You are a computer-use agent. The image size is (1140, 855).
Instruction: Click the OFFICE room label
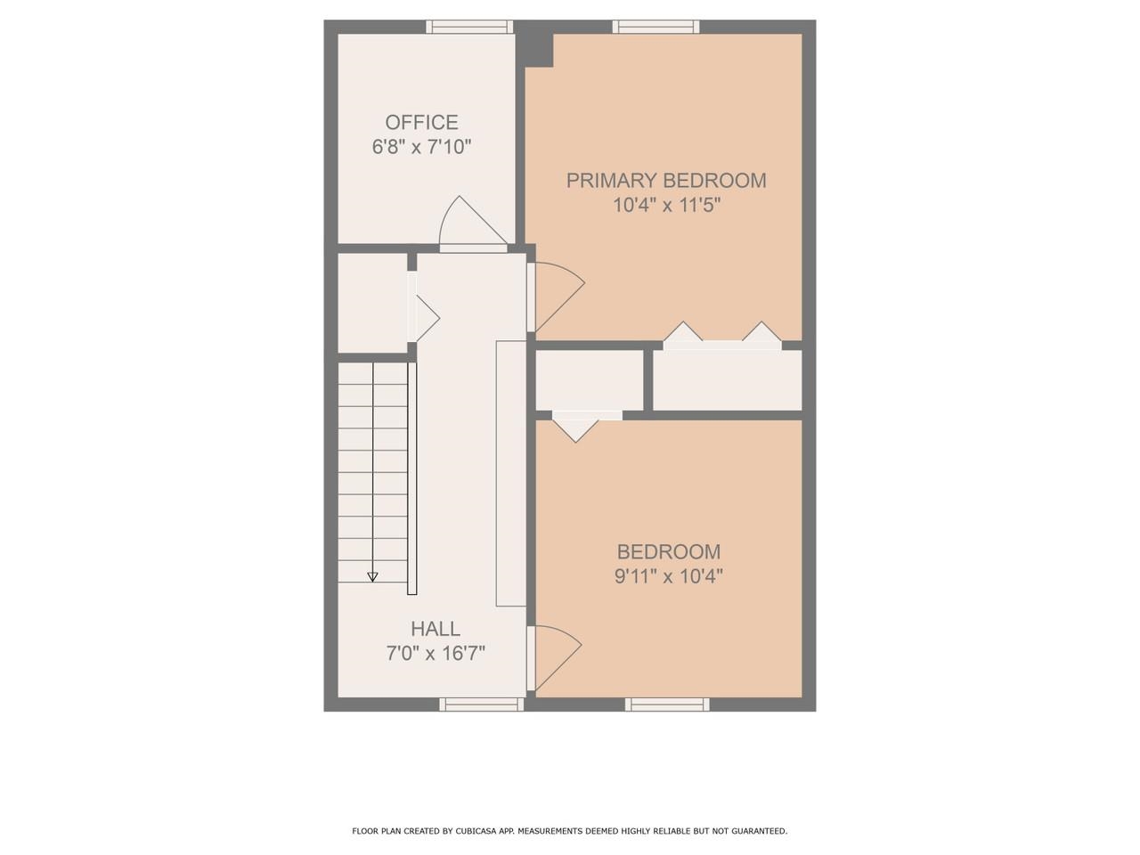(x=421, y=122)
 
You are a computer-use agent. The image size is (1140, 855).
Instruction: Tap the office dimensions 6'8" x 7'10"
(x=421, y=147)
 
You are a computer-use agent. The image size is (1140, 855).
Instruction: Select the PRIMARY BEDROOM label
(x=666, y=180)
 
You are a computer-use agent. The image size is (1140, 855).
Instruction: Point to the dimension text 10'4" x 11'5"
(x=666, y=205)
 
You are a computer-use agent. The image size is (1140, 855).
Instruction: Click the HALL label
(x=436, y=629)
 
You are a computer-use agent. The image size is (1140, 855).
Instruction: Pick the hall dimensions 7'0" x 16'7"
(x=436, y=654)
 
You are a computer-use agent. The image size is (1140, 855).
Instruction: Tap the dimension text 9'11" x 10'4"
(x=668, y=576)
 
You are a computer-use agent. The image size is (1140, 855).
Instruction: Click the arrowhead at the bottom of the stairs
(x=372, y=577)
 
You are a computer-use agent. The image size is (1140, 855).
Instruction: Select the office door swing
(x=470, y=222)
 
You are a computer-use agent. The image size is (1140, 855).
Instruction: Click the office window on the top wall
(x=468, y=27)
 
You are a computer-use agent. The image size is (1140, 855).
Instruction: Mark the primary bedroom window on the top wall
(x=655, y=27)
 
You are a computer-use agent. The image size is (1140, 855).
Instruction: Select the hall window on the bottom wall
(x=481, y=704)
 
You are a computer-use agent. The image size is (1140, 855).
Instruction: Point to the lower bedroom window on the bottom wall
(x=668, y=704)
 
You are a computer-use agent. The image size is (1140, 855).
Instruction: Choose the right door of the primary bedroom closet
(x=762, y=333)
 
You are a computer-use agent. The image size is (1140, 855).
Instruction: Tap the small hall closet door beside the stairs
(x=424, y=315)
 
